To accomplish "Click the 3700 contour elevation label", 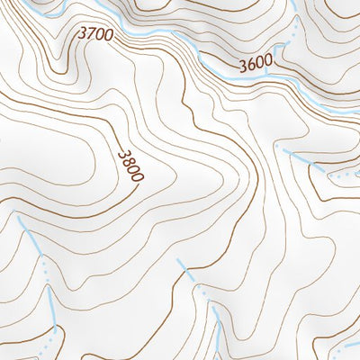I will [x=95, y=34].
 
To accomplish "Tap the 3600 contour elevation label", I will [x=256, y=65].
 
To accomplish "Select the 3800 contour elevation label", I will [x=130, y=166].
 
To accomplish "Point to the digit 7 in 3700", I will [x=91, y=34].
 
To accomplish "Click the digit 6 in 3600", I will [x=252, y=65].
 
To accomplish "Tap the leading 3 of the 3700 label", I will [x=83, y=33].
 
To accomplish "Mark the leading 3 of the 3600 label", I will [x=244, y=66].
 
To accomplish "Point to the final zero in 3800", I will [x=136, y=176].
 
